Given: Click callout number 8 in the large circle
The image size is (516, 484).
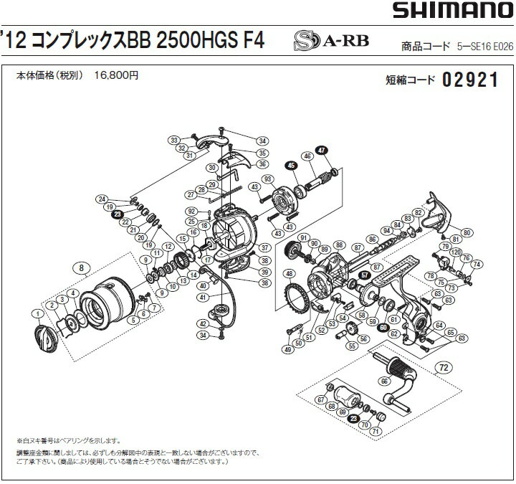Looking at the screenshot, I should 83,270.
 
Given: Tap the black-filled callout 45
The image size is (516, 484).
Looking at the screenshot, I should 290,166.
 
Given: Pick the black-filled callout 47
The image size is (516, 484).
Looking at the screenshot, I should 321,151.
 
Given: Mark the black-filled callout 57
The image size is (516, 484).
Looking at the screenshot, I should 365,275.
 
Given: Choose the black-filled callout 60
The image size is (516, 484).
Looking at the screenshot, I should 383,327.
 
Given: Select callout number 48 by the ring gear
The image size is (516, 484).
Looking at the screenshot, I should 288,273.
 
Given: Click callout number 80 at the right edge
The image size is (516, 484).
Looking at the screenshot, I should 467,233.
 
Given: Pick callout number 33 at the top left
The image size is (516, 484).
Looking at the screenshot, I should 173,139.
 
